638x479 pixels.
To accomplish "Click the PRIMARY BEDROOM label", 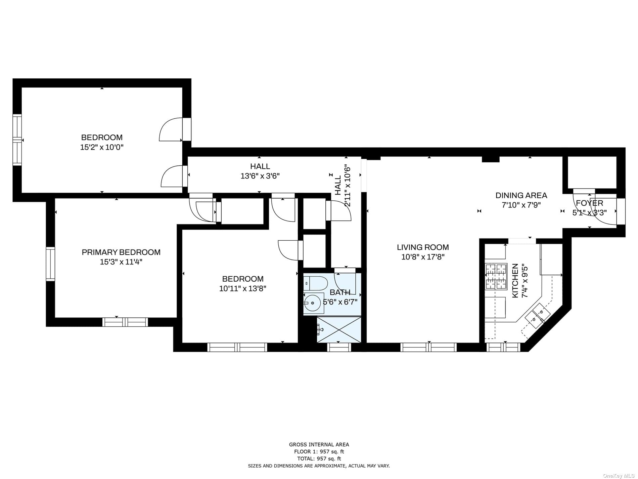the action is click(121, 252).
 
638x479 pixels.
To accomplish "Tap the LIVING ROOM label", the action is click(423, 247).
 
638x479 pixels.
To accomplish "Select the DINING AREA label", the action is click(521, 195).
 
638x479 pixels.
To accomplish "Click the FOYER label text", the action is click(590, 203).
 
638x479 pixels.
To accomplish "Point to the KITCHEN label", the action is click(515, 281).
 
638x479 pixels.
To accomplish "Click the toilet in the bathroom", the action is click(315, 283).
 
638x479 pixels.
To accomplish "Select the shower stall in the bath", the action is click(339, 329).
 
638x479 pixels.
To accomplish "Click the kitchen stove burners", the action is click(496, 277).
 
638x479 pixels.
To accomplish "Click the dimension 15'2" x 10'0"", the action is click(102, 147).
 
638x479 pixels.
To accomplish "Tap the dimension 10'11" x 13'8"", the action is click(243, 288).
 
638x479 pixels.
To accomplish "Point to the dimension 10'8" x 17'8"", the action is click(423, 257).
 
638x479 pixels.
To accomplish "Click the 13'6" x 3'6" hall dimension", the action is click(260, 176).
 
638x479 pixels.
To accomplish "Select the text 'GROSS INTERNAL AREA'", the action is click(319, 444).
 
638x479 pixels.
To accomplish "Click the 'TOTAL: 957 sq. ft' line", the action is click(319, 458).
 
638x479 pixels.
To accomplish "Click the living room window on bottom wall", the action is click(428, 347).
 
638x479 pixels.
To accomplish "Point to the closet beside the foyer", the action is click(592, 172).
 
